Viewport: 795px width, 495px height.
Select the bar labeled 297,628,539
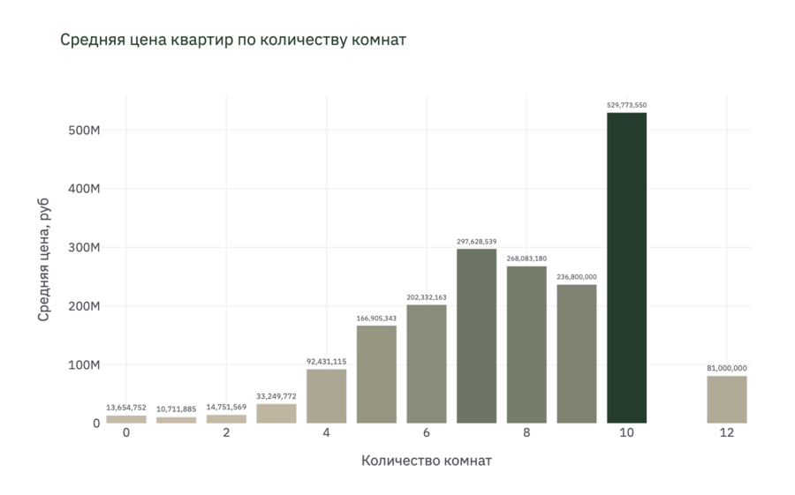click(476, 335)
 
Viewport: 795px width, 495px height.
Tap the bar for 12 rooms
click(727, 399)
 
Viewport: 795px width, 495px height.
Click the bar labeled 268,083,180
click(526, 344)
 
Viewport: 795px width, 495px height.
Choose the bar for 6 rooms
click(427, 364)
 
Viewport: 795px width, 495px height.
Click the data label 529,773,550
click(626, 105)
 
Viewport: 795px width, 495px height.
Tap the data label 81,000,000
click(727, 368)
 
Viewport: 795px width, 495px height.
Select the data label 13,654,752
click(125, 408)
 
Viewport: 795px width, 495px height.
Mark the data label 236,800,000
click(577, 277)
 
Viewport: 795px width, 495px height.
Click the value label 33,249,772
click(276, 396)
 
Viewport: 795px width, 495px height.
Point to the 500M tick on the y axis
click(84, 131)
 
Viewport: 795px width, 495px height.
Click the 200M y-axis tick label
click(84, 306)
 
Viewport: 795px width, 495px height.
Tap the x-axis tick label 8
click(526, 433)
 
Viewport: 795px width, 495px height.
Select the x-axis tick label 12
click(727, 433)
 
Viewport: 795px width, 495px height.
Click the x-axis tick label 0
click(126, 433)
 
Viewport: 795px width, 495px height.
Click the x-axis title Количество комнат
click(427, 461)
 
